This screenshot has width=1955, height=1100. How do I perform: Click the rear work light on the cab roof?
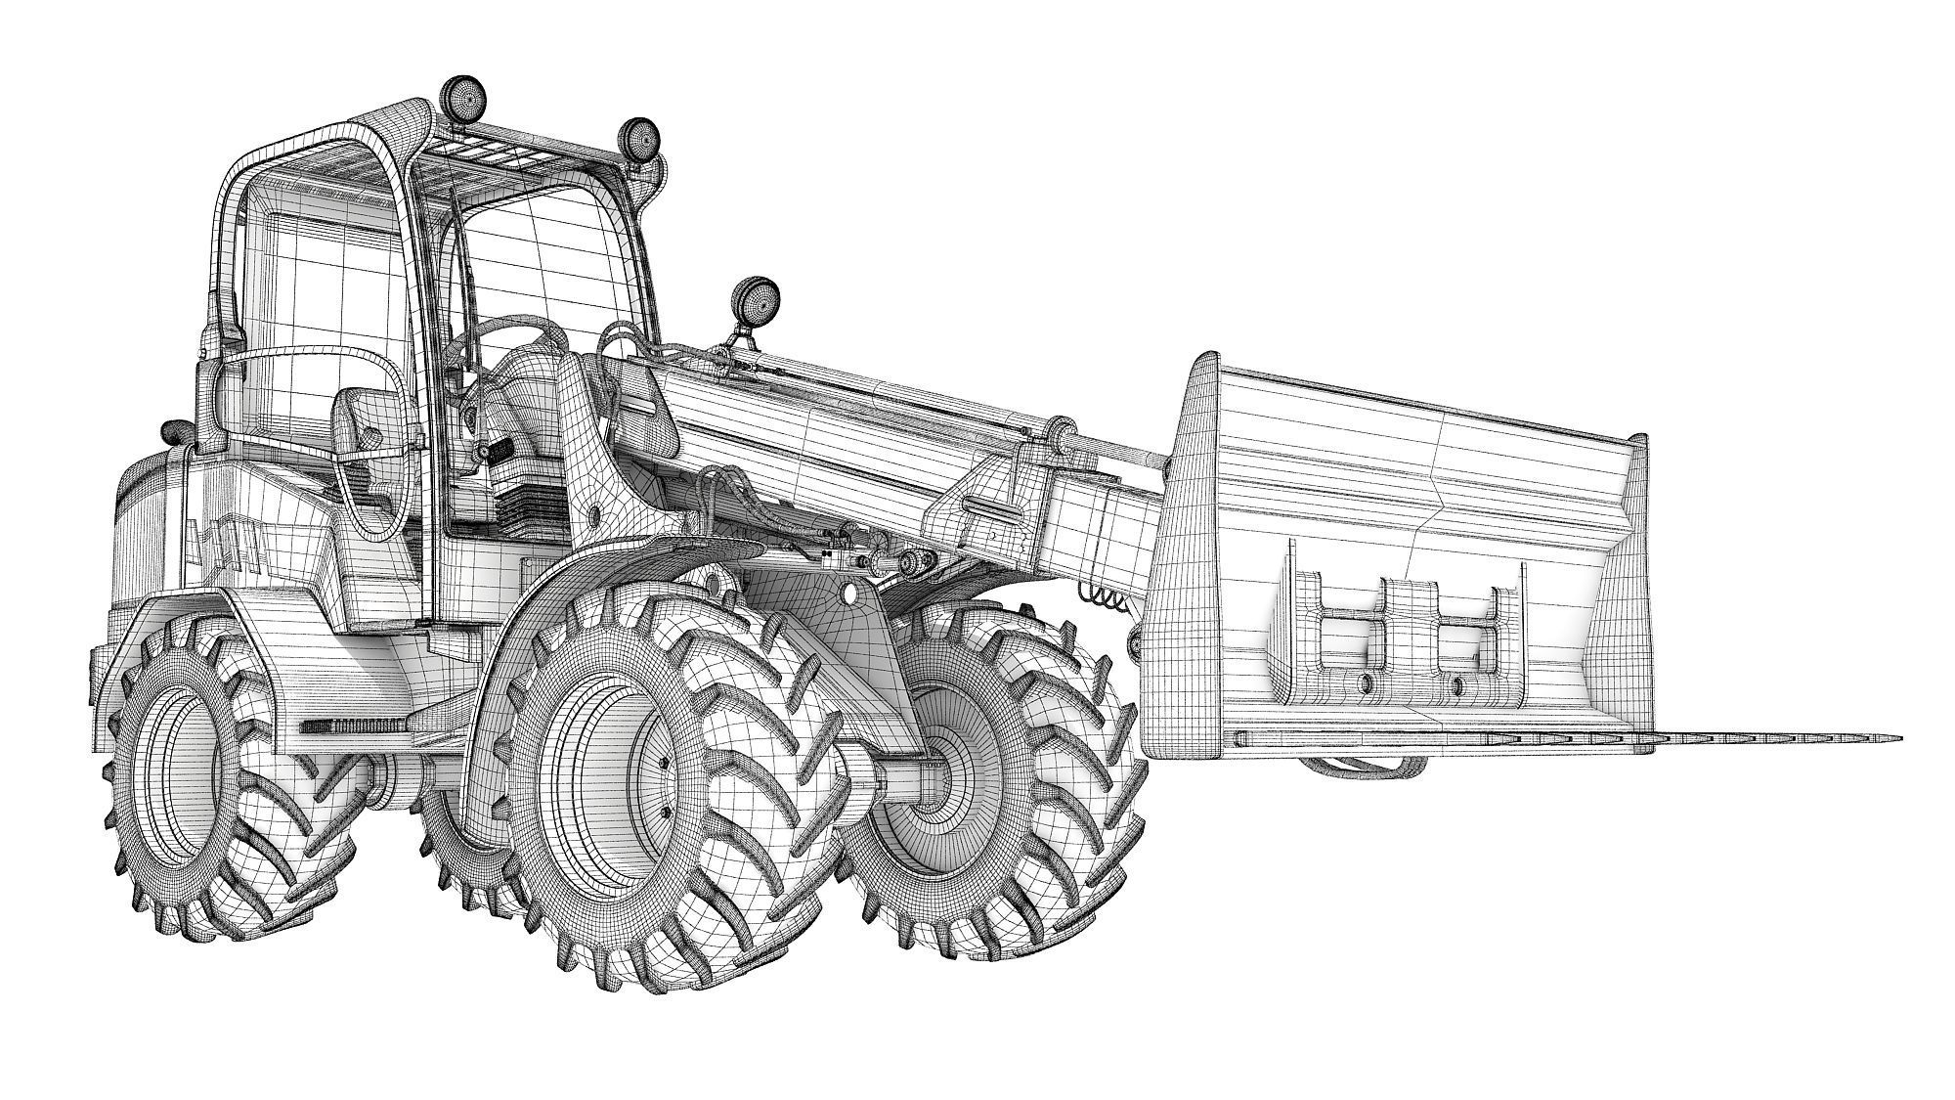pos(464,97)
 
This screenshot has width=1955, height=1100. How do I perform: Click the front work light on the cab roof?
pos(639,139)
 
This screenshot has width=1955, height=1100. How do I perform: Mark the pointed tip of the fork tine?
pos(1896,737)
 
